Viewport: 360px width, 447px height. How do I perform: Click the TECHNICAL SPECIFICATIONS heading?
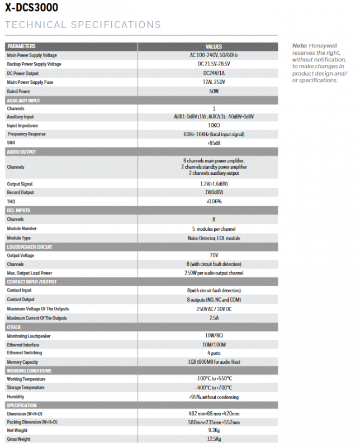pos(82,25)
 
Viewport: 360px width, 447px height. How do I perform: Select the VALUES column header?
pos(214,46)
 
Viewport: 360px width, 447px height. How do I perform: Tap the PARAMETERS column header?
pos(21,46)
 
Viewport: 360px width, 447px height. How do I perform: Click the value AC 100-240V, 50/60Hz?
pos(214,55)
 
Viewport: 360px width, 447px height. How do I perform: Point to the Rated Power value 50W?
pos(214,91)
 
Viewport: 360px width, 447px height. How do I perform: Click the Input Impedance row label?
pos(23,126)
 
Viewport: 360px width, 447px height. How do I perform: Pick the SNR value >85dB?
pos(214,143)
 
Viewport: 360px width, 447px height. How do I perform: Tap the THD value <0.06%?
pos(214,201)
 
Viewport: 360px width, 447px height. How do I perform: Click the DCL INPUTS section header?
pos(18,211)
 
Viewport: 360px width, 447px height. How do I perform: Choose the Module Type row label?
pos(19,238)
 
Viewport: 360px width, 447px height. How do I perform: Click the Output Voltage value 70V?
pos(214,255)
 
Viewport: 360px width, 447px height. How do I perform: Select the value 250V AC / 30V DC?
pos(214,309)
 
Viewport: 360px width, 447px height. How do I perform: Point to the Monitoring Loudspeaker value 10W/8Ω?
pos(214,336)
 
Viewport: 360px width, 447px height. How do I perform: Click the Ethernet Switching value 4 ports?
pos(214,353)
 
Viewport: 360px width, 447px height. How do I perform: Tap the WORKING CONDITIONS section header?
pos(29,370)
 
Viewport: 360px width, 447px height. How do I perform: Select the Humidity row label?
pos(16,397)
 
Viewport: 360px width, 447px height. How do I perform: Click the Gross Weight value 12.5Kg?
pos(214,440)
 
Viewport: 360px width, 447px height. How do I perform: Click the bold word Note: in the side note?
pos(300,45)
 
